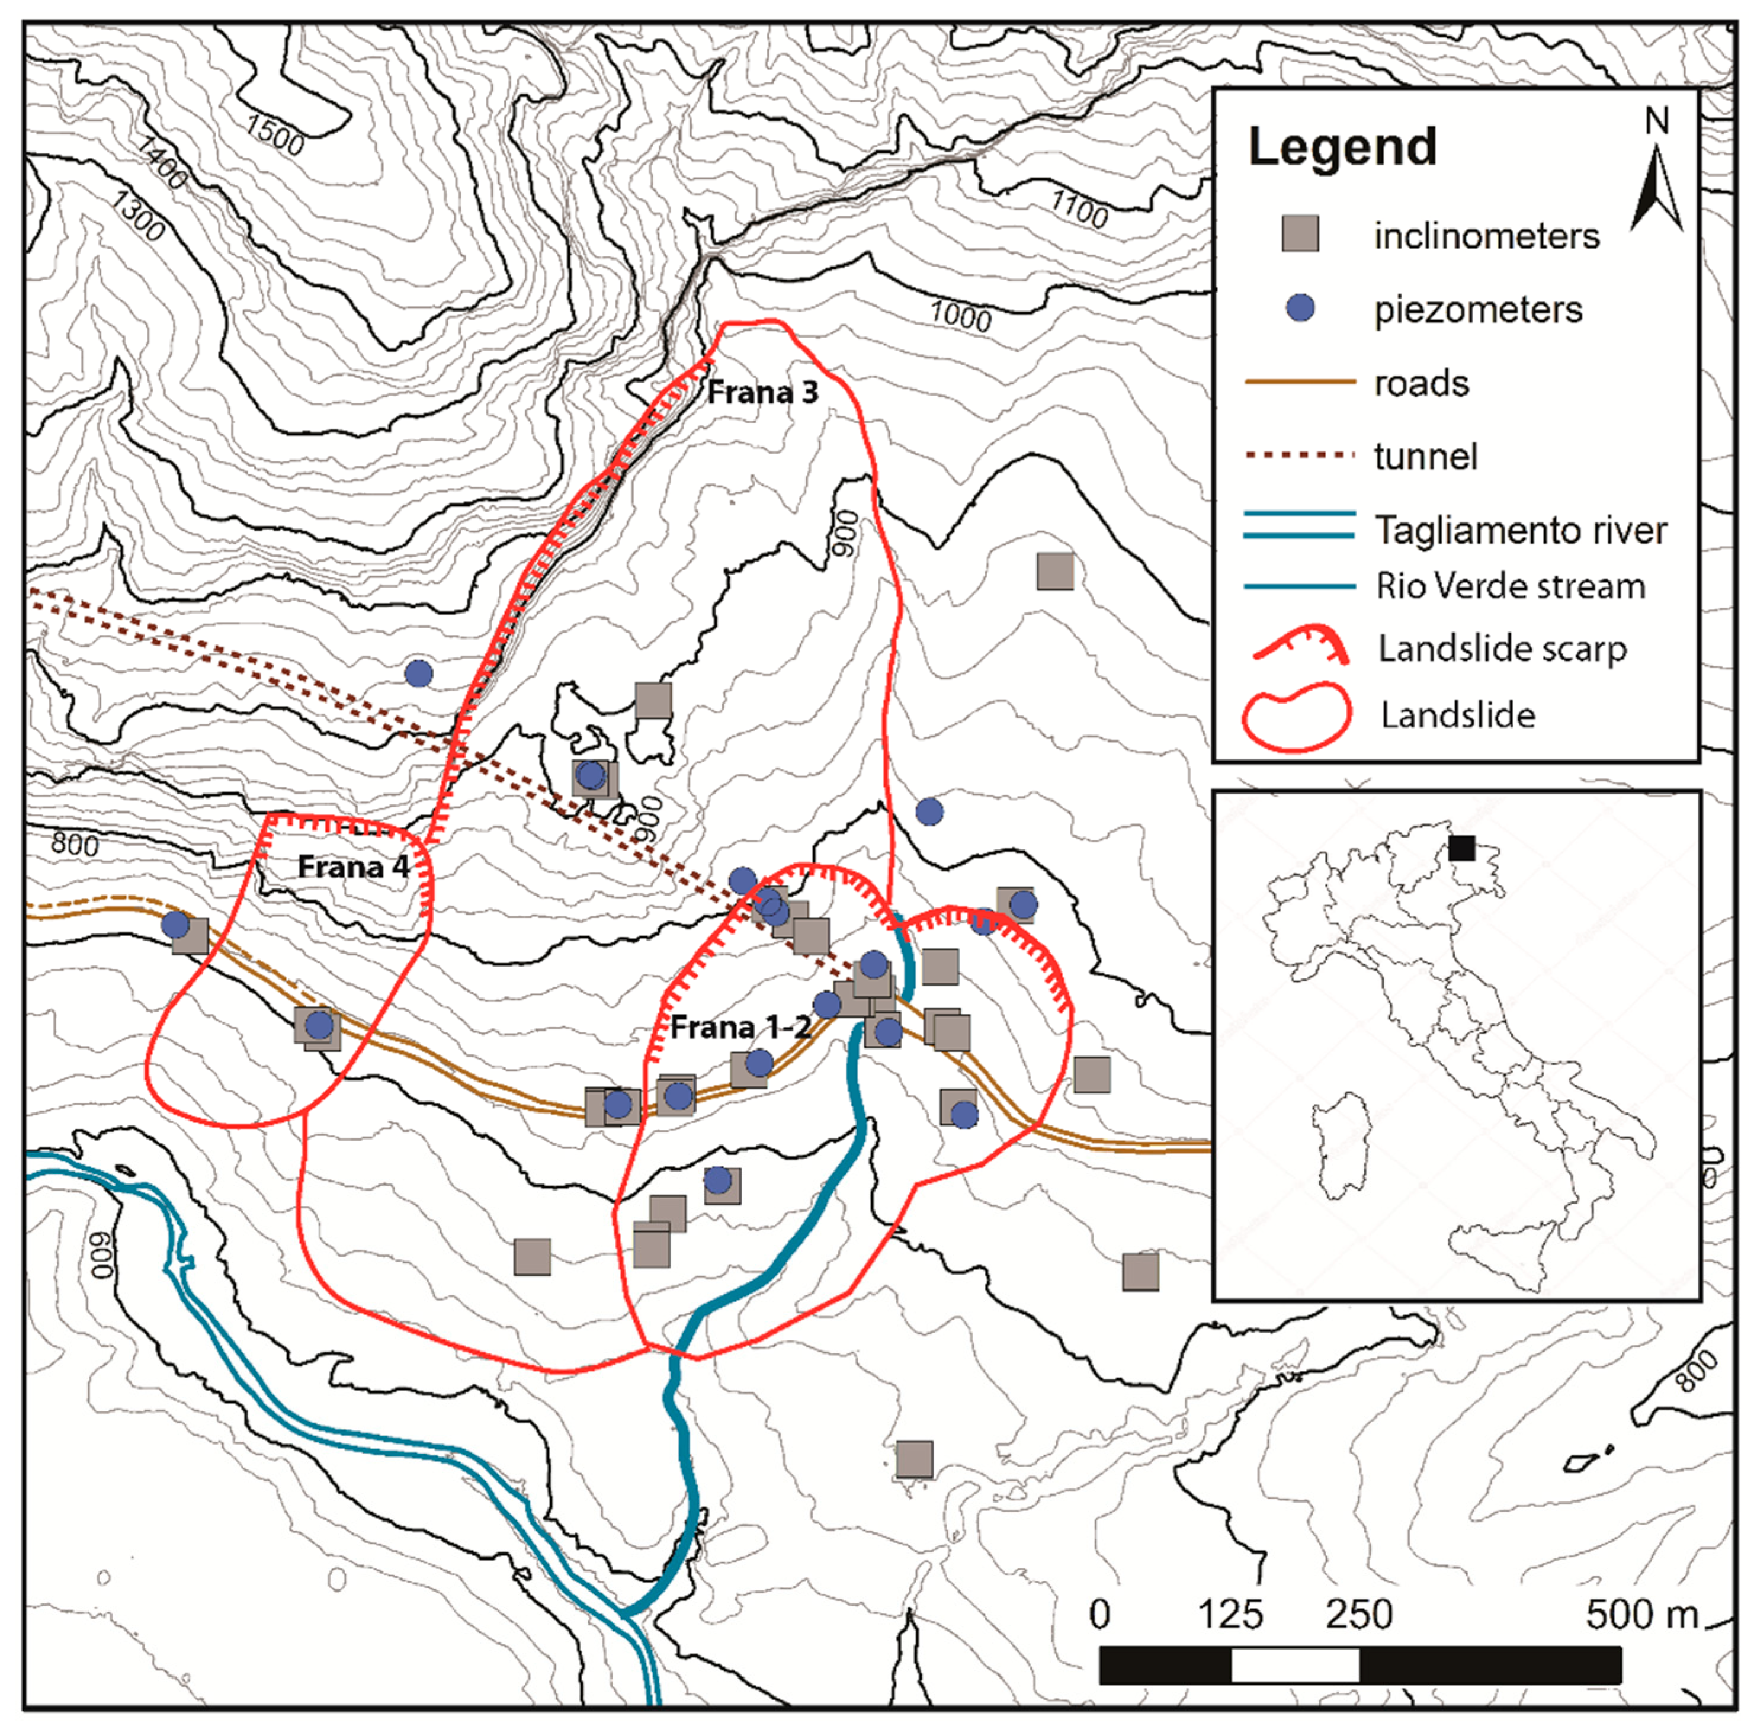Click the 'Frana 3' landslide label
762,393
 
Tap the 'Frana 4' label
353,867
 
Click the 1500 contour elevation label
274,135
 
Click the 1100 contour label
1079,209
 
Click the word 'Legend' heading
1342,147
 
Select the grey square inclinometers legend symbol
1301,235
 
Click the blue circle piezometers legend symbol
1301,309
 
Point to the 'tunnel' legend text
1425,456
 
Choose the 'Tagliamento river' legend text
1521,530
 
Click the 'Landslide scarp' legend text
1502,649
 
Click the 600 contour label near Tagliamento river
103,1254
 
